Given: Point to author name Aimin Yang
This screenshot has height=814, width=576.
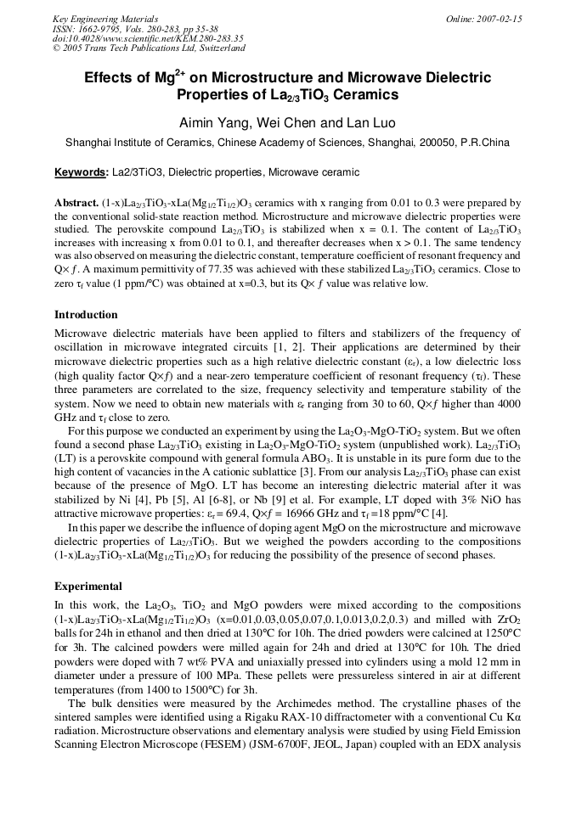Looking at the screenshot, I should pyautogui.click(x=212, y=123).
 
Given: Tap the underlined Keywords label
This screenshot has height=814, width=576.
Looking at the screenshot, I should pyautogui.click(x=81, y=172).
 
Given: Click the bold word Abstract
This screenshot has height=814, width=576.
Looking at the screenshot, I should pyautogui.click(x=76, y=204).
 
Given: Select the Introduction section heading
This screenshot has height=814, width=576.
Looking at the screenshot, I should pyautogui.click(x=86, y=315).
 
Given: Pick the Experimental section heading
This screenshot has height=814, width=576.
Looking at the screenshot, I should pyautogui.click(x=88, y=587).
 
